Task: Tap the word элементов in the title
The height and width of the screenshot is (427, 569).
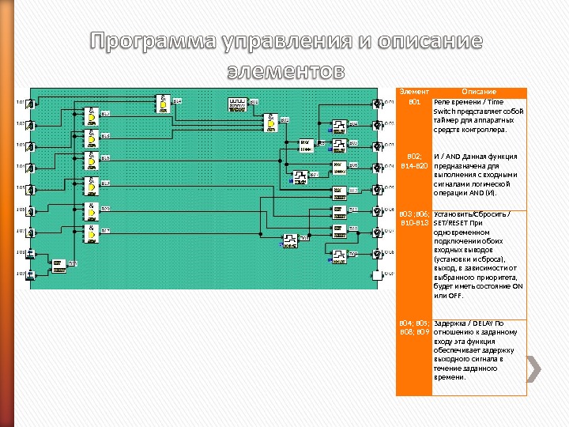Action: (285, 70)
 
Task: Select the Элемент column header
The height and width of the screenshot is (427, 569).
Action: (414, 92)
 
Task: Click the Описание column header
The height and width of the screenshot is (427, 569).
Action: (479, 92)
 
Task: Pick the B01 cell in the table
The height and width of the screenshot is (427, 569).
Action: (414, 103)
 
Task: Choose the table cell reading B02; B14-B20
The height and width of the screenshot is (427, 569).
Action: (414, 161)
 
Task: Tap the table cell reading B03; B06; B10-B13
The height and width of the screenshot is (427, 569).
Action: (414, 219)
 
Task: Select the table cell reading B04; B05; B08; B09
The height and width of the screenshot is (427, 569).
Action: (414, 328)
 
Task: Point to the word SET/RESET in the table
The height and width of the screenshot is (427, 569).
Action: (453, 223)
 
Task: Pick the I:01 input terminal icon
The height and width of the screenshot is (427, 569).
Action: (31, 103)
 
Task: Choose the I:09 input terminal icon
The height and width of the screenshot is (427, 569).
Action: (31, 274)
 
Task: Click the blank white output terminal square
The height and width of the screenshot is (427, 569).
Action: (378, 274)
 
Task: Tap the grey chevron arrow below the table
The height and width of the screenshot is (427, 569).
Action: (534, 368)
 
